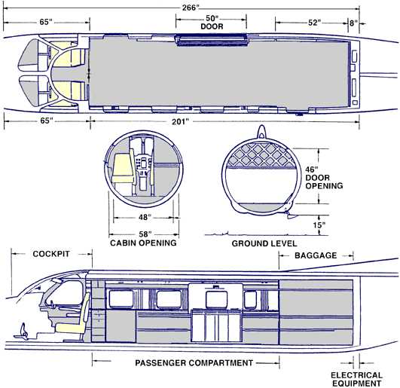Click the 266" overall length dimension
(x=190, y=8)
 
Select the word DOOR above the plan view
(x=212, y=26)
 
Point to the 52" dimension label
(x=314, y=23)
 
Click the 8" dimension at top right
(x=353, y=23)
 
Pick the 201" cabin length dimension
(x=180, y=121)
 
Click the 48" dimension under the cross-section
(x=145, y=217)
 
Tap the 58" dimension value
(x=145, y=234)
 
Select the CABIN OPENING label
(x=143, y=243)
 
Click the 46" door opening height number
(x=312, y=169)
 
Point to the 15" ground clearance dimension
(x=319, y=225)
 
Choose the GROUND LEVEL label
(x=264, y=243)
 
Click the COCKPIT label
(x=51, y=254)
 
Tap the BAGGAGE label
(x=316, y=255)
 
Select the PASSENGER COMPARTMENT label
(x=194, y=362)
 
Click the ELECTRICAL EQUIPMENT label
(x=356, y=379)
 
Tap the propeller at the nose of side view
(x=23, y=331)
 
